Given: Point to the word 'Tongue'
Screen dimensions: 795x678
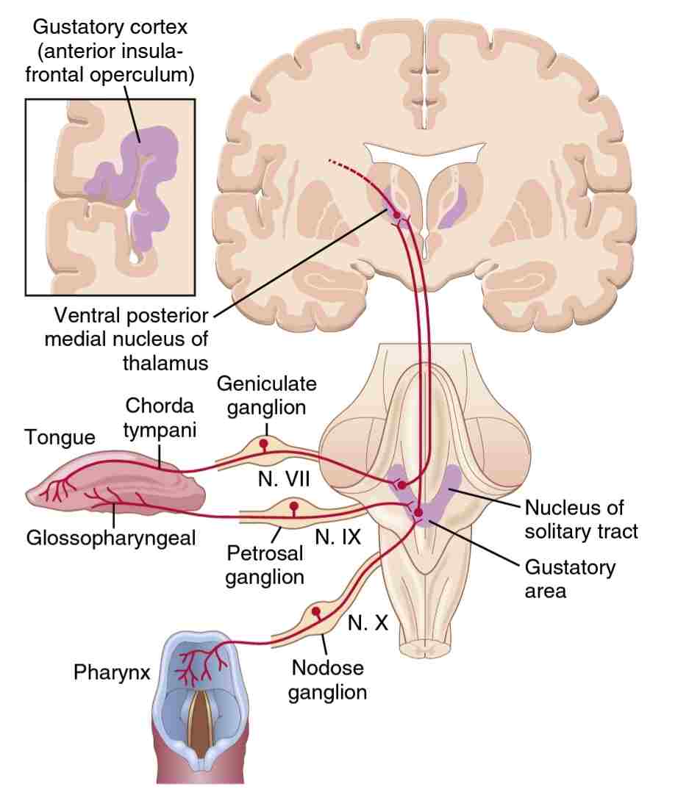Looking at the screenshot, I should pos(60,438).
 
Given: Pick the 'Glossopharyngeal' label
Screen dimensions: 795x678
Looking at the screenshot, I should pos(111,537).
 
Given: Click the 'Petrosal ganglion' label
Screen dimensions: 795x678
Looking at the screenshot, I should pos(265,564).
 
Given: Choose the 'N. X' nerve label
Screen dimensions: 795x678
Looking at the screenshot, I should pos(368,624).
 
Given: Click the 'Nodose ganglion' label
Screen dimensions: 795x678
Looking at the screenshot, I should pos(327,680).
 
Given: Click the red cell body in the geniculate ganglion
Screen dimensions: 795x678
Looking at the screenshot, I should pos(263,445).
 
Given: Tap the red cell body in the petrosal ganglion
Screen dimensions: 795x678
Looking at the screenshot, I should pos(294,506).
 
